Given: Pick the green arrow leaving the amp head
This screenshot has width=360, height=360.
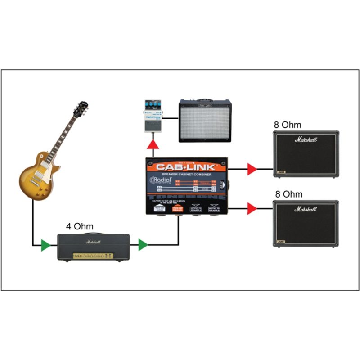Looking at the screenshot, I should click(143, 245).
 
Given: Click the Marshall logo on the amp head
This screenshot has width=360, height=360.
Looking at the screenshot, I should click(94, 242).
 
